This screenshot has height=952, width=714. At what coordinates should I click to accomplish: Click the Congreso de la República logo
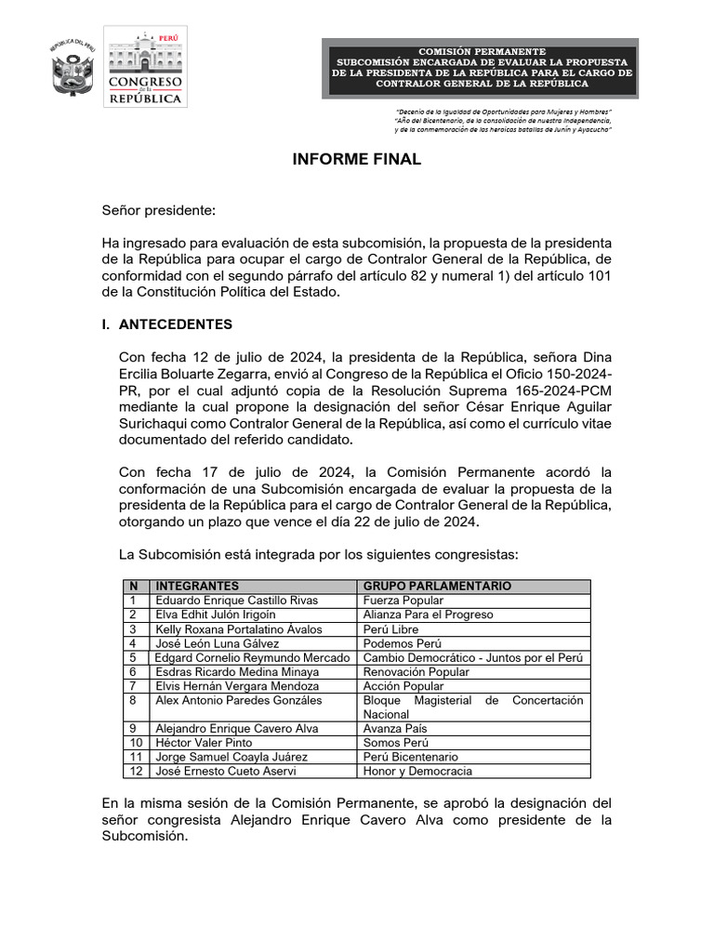pos(147,67)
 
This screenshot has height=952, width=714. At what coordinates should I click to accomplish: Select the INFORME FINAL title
pos(357,159)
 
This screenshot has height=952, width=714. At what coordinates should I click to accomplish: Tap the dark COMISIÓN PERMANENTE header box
pos(480,68)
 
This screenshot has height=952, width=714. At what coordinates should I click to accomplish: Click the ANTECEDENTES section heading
pos(176,324)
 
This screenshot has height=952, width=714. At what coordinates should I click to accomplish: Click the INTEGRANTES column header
pos(197,587)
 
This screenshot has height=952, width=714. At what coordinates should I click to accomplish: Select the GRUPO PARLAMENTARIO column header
pos(437,587)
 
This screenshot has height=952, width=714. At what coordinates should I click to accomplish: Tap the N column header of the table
pos(134,587)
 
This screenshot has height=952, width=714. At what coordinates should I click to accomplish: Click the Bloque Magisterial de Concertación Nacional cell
pos(472,707)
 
